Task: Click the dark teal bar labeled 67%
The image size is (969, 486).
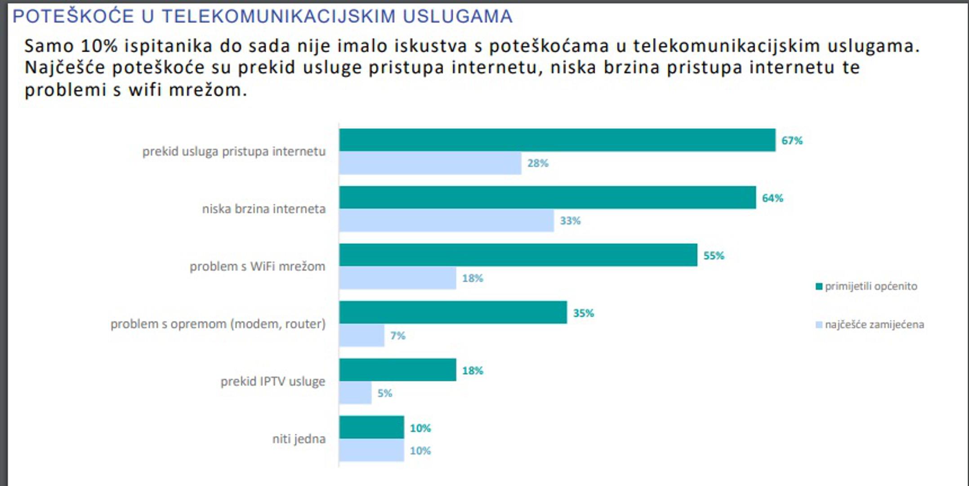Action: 557,140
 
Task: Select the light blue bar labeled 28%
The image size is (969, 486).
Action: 430,163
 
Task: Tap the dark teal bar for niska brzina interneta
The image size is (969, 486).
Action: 547,198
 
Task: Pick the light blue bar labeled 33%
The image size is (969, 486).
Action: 447,220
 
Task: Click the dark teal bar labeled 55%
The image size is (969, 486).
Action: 518,255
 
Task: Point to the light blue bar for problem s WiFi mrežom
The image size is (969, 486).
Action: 397,278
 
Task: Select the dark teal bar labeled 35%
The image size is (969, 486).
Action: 453,313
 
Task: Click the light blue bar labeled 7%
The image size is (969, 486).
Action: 362,336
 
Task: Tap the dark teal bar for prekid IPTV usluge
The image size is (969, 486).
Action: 397,370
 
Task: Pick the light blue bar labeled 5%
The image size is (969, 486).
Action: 355,393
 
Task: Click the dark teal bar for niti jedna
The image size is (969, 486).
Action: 371,427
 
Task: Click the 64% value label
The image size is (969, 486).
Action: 772,198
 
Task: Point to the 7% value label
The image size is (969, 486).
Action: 397,336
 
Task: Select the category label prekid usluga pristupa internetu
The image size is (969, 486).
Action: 234,152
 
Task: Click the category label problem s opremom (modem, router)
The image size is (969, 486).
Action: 218,324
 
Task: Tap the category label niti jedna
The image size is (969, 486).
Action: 299,439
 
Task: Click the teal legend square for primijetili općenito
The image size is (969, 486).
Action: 819,287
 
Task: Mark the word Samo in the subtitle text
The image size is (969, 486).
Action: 48,46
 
